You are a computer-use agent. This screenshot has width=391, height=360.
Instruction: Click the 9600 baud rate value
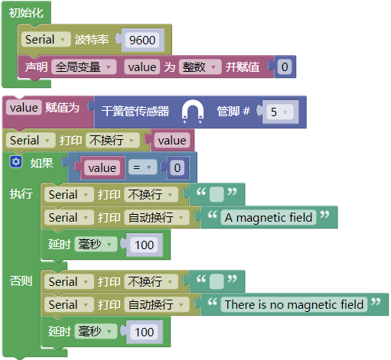tap(142, 40)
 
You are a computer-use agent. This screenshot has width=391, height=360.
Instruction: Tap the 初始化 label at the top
tap(26, 13)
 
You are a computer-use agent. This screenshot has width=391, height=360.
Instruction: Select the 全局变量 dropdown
tap(83, 67)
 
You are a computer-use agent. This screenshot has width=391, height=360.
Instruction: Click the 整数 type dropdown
tap(200, 67)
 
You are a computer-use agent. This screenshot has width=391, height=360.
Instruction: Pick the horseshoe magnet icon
tap(193, 111)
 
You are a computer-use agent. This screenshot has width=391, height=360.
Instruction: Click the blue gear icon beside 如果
tap(16, 162)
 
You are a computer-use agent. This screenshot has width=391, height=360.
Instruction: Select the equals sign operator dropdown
tap(142, 167)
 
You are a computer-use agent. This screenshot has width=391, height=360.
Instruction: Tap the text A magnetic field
tap(269, 218)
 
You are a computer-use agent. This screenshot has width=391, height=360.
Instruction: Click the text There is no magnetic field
tap(294, 304)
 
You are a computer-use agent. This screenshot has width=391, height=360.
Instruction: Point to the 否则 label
tap(21, 281)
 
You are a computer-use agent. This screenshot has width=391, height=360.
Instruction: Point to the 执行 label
tap(21, 194)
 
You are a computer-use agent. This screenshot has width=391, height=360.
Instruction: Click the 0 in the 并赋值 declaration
tap(285, 67)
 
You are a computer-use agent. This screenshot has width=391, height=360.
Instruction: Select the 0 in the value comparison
tap(178, 167)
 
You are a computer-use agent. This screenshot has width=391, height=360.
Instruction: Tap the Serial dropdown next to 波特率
tap(46, 40)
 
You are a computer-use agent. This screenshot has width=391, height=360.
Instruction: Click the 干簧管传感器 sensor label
tap(135, 112)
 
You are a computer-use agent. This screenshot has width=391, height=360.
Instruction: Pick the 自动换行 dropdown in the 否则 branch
tap(157, 304)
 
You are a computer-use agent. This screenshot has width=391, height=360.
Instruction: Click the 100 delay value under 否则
tap(144, 332)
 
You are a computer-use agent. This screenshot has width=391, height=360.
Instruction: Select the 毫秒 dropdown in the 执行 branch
tap(96, 245)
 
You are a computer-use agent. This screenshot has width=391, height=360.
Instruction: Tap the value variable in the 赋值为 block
tap(24, 108)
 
